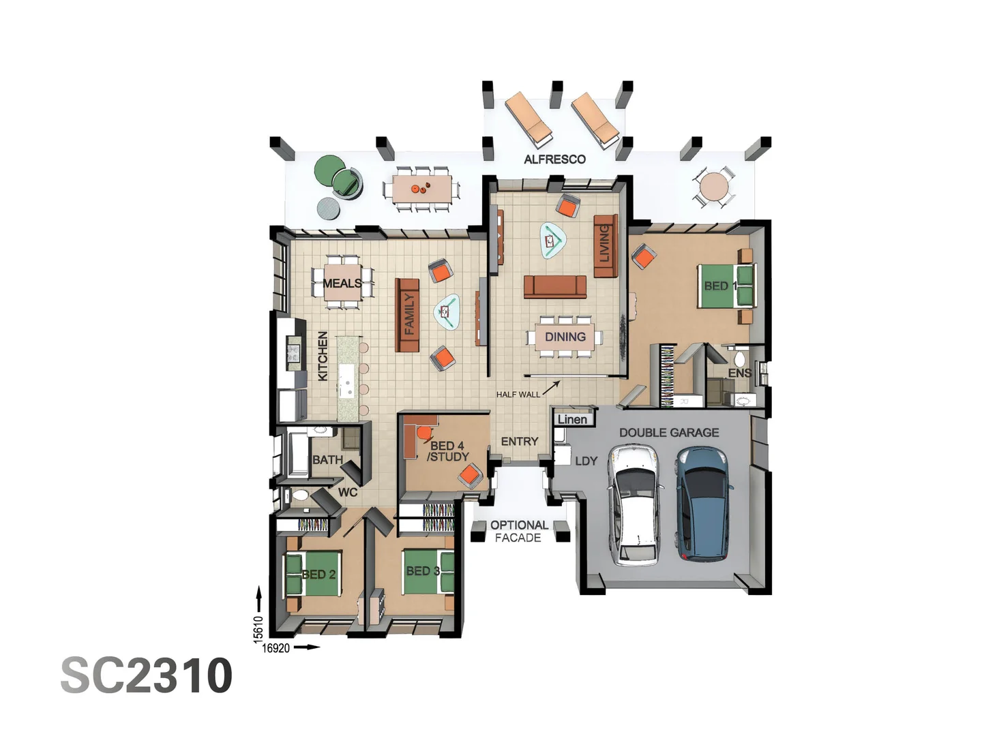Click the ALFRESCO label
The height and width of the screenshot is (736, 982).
click(554, 159)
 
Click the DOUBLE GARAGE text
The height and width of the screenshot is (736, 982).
click(668, 433)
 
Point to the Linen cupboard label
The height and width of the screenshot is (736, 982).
click(572, 419)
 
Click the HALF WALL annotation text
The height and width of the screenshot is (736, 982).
click(518, 395)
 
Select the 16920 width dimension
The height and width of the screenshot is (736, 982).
click(276, 648)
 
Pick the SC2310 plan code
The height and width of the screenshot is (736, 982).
click(147, 675)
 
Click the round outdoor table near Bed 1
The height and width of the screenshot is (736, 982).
click(714, 185)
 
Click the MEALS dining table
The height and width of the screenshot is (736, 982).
click(342, 283)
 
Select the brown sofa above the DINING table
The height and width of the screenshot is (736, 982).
click(555, 286)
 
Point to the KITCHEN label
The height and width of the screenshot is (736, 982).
click(323, 356)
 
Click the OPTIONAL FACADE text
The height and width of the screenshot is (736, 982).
click(518, 532)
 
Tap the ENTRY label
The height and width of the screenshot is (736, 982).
click(520, 442)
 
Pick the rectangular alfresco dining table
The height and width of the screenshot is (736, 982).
click(421, 187)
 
